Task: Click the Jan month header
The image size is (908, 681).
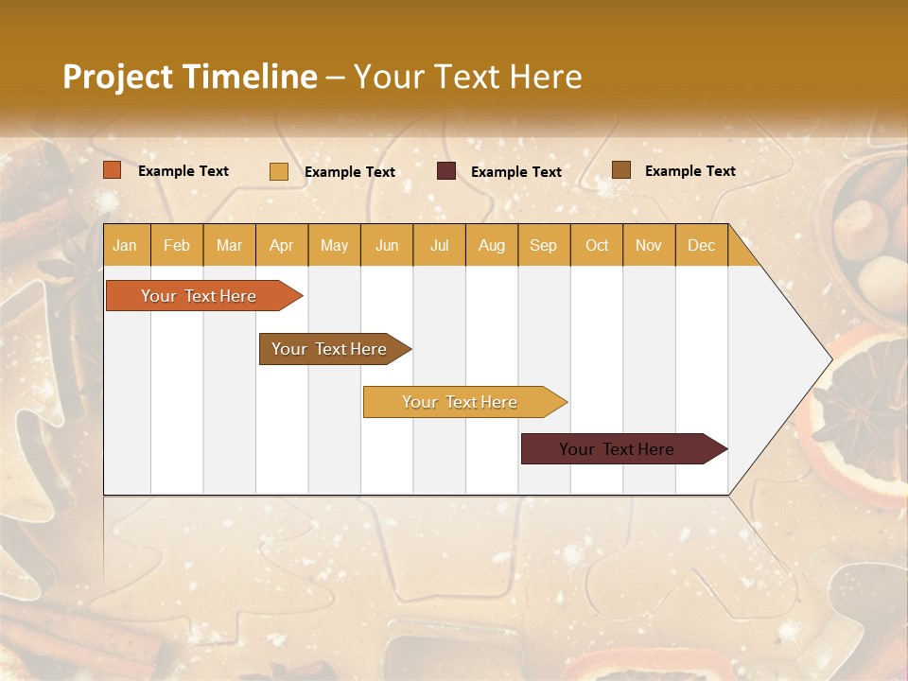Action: pos(126,245)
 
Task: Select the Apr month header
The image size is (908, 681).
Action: pos(282,245)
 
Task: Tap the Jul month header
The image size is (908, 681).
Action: pos(439,245)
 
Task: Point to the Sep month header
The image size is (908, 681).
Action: pos(543,245)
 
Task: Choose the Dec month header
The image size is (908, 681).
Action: pos(701,245)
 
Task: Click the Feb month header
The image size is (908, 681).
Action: pos(177,245)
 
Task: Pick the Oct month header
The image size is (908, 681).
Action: pos(597,245)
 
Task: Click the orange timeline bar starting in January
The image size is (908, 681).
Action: pos(199,296)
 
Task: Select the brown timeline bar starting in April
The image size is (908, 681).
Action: pos(329,349)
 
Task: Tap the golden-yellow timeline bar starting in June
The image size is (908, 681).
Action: pos(460,402)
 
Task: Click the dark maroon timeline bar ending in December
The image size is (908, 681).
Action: pos(617,449)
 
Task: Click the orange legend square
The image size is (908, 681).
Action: pos(113,170)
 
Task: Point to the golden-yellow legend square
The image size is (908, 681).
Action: pos(279,171)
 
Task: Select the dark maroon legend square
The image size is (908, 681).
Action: pos(446,171)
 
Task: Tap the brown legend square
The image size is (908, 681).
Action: pos(621,170)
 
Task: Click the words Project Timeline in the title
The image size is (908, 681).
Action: pos(190,77)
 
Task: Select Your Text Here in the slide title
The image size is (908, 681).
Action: pos(467,77)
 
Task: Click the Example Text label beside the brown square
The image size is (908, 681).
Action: pos(690,171)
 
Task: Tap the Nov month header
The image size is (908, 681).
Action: pos(649,245)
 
